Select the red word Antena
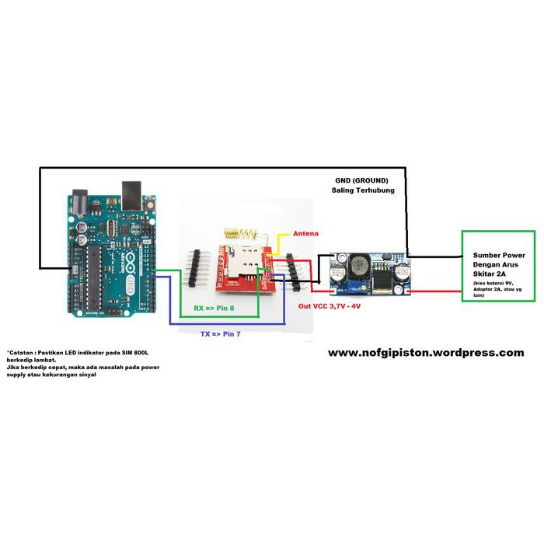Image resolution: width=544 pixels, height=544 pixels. tap(305, 233)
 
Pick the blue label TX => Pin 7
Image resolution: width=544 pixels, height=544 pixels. tap(220, 334)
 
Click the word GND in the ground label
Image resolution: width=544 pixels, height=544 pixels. tap(343, 180)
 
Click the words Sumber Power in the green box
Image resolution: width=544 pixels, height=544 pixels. tap(498, 255)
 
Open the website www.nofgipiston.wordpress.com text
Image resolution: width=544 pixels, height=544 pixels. tap(426, 352)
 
